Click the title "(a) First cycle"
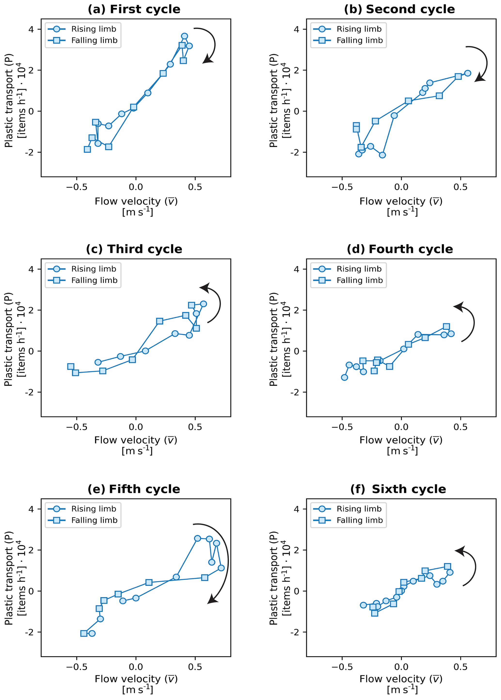click(x=134, y=9)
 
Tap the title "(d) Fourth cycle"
click(x=400, y=249)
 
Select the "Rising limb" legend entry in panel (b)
click(x=359, y=29)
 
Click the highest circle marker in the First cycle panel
click(x=184, y=36)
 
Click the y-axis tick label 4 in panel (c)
click(x=31, y=269)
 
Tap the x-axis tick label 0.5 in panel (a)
click(x=195, y=187)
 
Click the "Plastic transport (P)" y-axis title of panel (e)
click(x=9, y=578)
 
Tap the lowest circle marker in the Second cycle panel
click(x=382, y=155)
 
